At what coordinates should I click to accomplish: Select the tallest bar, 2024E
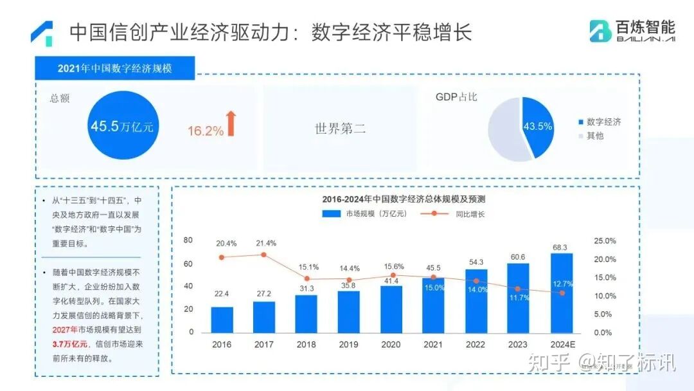click(x=561, y=293)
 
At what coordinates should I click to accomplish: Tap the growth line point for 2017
click(x=264, y=255)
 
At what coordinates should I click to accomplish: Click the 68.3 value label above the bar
click(x=561, y=247)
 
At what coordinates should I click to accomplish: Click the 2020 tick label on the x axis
click(x=391, y=345)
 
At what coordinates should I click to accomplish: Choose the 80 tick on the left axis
click(x=188, y=241)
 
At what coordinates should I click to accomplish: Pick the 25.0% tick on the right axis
click(x=604, y=241)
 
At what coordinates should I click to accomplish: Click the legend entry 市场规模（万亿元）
click(x=364, y=214)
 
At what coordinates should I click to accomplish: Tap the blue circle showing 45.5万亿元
click(x=121, y=126)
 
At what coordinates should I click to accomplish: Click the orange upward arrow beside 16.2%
click(x=231, y=123)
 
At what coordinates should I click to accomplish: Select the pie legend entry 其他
click(x=594, y=136)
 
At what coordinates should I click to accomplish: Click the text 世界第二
click(x=340, y=128)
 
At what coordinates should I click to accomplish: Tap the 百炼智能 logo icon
click(x=600, y=30)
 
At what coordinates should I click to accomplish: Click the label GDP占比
click(x=456, y=97)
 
